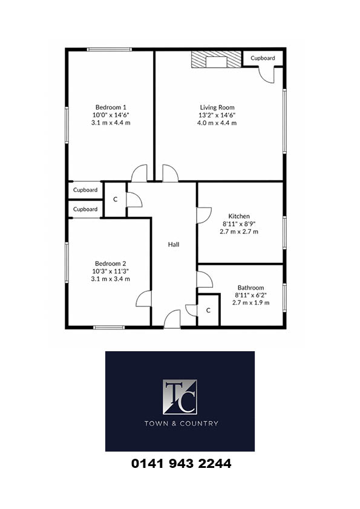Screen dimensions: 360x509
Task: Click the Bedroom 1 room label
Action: pyautogui.click(x=111, y=107)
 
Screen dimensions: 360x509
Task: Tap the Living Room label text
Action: pyautogui.click(x=217, y=108)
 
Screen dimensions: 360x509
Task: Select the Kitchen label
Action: pyautogui.click(x=239, y=216)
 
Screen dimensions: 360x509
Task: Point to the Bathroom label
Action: pyautogui.click(x=250, y=288)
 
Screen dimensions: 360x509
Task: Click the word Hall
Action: pyautogui.click(x=174, y=244)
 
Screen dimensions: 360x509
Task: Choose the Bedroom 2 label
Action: pyautogui.click(x=110, y=264)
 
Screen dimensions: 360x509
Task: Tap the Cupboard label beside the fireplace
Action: pyautogui.click(x=263, y=58)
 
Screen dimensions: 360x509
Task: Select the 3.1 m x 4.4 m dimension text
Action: pyautogui.click(x=111, y=123)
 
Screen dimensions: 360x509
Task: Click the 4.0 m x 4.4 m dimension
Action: pyautogui.click(x=217, y=123)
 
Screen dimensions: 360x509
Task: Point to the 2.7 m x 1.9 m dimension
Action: pyautogui.click(x=250, y=302)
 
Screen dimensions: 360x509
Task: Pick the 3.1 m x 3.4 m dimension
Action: pyautogui.click(x=111, y=279)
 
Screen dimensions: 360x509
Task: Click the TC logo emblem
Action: pyautogui.click(x=180, y=397)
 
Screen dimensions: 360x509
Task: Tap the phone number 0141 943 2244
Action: pyautogui.click(x=181, y=464)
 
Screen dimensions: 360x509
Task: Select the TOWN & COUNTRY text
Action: pyautogui.click(x=182, y=423)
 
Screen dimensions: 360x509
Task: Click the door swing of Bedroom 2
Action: pyautogui.click(x=143, y=299)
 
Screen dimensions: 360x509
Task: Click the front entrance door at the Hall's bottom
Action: pyautogui.click(x=172, y=319)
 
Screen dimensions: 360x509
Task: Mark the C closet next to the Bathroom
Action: pyautogui.click(x=208, y=310)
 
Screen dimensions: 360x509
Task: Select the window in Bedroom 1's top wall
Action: pyautogui.click(x=109, y=50)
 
